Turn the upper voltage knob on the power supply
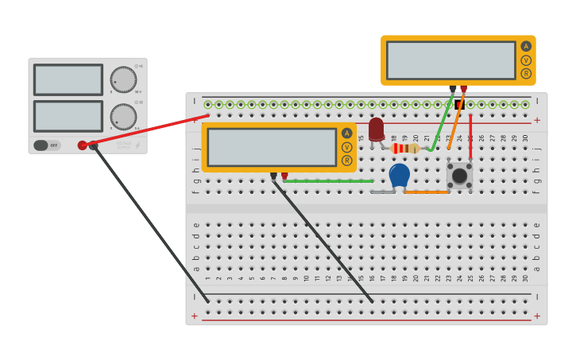123,79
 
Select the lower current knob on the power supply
123,117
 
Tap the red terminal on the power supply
83,145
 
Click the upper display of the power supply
68,79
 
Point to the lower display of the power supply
68,116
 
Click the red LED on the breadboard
377,129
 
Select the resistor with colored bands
405,148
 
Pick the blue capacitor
400,176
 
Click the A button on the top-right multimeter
526,46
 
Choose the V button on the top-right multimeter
526,60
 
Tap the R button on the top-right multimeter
526,74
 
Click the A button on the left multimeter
346,134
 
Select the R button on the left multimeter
346,161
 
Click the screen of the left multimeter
272,147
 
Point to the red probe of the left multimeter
284,176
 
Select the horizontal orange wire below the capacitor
427,192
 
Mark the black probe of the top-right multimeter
453,89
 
